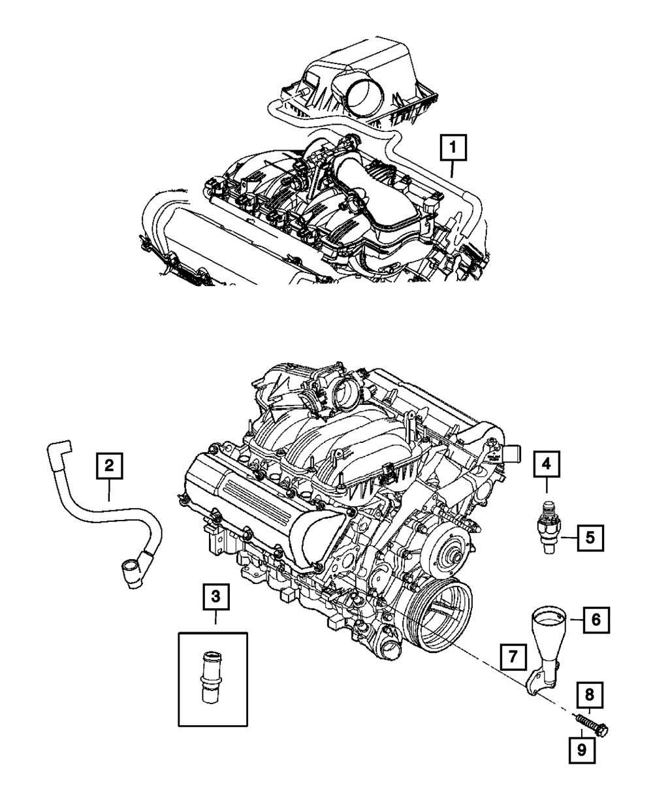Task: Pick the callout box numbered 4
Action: click(x=547, y=465)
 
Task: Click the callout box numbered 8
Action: click(x=589, y=694)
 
